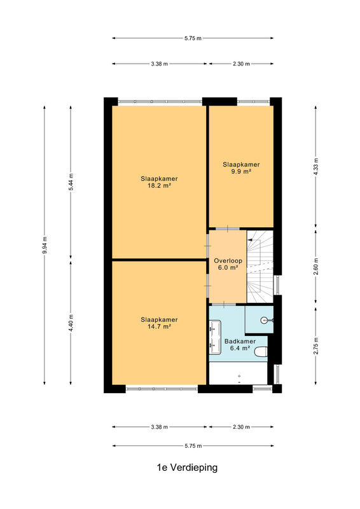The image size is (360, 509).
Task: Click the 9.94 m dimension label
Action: pyautogui.click(x=45, y=246)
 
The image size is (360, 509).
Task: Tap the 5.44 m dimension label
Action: pyautogui.click(x=71, y=183)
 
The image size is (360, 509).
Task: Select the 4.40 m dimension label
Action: pyautogui.click(x=71, y=323)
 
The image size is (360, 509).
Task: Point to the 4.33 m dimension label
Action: pyautogui.click(x=316, y=167)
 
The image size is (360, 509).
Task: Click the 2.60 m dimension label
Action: pyautogui.click(x=316, y=267)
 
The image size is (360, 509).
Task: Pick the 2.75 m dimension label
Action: pyautogui.click(x=316, y=346)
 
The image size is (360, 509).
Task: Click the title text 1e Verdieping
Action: pyautogui.click(x=187, y=468)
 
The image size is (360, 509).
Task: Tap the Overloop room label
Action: pyautogui.click(x=228, y=261)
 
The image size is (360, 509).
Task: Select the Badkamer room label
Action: pyautogui.click(x=240, y=341)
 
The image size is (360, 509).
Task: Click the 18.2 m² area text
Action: pyautogui.click(x=159, y=186)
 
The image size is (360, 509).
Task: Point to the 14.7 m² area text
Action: pyautogui.click(x=159, y=326)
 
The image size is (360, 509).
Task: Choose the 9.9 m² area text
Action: pyautogui.click(x=241, y=171)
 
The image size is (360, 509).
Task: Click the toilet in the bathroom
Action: pyautogui.click(x=261, y=352)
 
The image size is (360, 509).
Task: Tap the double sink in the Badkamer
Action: pyautogui.click(x=215, y=337)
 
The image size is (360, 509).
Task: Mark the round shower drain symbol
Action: pyautogui.click(x=264, y=321)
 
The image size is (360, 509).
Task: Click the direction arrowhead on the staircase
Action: pyautogui.click(x=249, y=240)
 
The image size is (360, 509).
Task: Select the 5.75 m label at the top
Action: pyautogui.click(x=193, y=38)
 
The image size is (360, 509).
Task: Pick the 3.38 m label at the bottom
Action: pyautogui.click(x=160, y=427)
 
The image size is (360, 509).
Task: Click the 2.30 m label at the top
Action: pyautogui.click(x=241, y=64)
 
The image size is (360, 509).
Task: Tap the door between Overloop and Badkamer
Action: pyautogui.click(x=224, y=305)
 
